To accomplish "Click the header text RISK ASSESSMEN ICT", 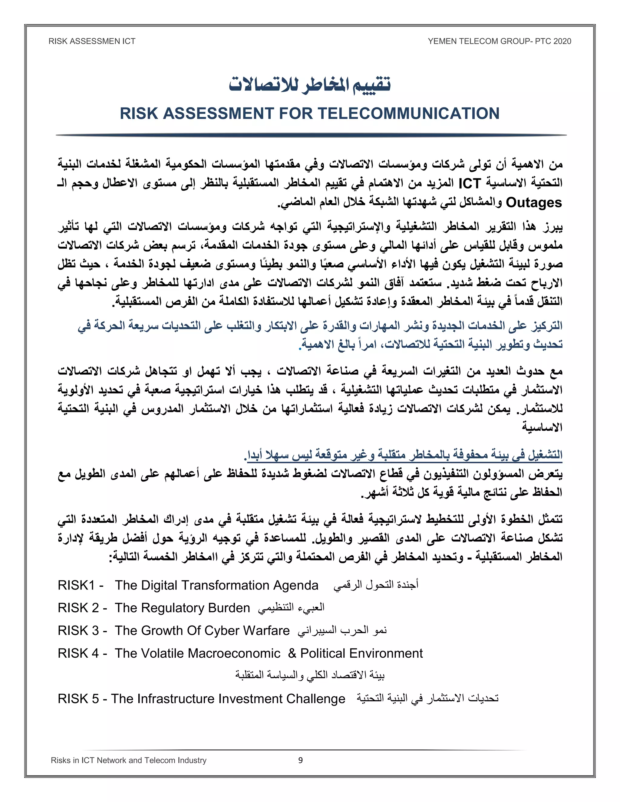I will pos(92,41).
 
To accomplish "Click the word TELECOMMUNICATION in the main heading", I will pos(408,113).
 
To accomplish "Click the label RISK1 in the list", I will pos(76,585).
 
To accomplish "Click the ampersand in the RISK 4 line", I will pos(292,653).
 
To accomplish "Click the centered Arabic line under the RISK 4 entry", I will pos(310,675).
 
